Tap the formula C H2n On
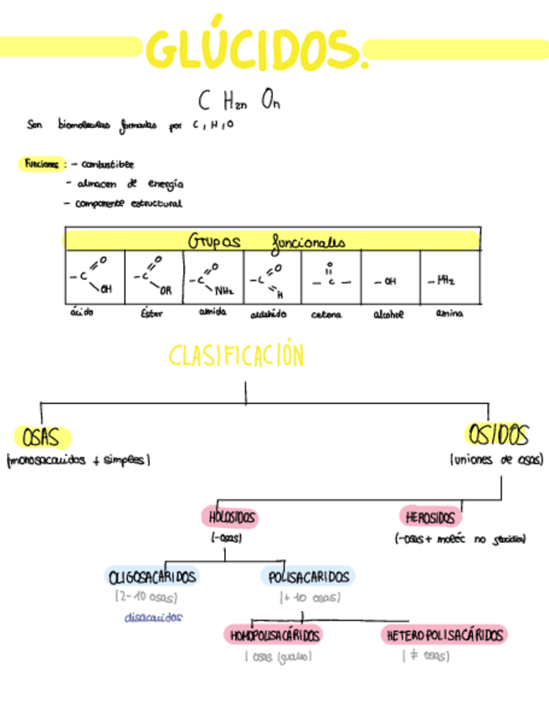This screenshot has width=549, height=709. [x=239, y=102]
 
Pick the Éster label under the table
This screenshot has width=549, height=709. [x=148, y=314]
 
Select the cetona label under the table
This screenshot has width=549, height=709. [x=326, y=314]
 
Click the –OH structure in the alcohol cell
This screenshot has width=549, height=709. [x=386, y=282]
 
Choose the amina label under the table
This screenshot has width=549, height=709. [x=449, y=314]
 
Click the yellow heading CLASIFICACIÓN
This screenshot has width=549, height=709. [x=237, y=357]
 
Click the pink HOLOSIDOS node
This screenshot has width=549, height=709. [x=230, y=518]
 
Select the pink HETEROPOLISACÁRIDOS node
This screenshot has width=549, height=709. [x=444, y=635]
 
